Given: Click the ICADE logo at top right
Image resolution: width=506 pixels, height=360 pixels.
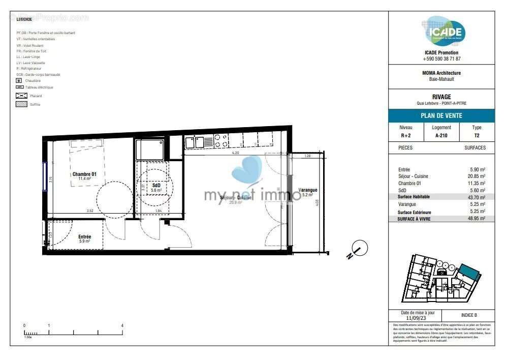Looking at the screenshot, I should click(x=446, y=32).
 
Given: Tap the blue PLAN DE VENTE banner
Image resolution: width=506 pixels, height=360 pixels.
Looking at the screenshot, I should click(x=441, y=115).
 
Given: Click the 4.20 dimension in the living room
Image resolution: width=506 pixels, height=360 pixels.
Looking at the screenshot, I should click(x=235, y=153).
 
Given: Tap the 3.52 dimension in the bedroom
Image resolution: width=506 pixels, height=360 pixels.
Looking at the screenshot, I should click(x=90, y=211).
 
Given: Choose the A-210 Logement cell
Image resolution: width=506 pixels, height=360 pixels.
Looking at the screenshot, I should click(x=441, y=136).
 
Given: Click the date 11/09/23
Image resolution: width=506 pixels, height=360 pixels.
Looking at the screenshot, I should click(x=415, y=318).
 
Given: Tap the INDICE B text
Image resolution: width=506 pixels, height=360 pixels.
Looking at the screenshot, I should click(x=468, y=315).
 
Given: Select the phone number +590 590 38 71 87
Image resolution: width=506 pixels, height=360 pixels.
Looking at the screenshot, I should click(x=441, y=59).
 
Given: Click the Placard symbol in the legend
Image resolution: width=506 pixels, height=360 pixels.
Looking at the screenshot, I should click(x=21, y=96).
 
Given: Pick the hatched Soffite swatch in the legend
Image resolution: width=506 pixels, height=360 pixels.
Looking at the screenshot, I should click(x=21, y=104).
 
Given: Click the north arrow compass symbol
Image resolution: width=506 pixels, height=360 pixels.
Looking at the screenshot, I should click(x=359, y=249).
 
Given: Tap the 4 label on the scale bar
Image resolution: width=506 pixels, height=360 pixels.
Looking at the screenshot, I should click(x=122, y=325).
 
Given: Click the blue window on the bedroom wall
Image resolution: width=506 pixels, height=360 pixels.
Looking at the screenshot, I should click(x=45, y=176).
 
